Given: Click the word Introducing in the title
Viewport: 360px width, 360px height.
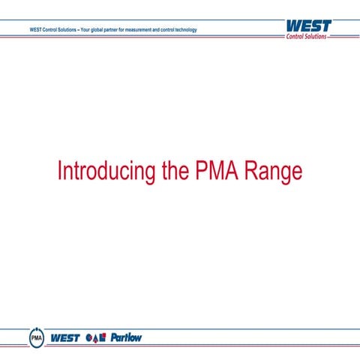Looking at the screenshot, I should pos(106,171).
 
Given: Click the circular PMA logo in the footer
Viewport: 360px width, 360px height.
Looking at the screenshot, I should pos(36,338).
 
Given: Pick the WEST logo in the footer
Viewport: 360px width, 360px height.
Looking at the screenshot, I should pos(65,338).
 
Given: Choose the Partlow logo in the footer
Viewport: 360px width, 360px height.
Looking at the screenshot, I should pos(126,338).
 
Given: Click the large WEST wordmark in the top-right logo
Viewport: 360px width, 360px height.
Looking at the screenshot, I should pos(307,26).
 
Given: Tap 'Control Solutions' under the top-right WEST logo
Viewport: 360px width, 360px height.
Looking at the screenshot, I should pos(307,37).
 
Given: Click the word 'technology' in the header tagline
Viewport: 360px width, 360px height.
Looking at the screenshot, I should pos(184,30).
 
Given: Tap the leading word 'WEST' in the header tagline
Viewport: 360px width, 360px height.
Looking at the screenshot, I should pos(34,30).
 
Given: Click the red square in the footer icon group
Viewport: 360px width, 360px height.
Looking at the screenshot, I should pos(103,337).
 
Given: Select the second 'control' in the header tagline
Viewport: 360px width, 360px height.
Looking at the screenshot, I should pos(166,30).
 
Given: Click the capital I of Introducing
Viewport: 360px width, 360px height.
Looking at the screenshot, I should pos(59,171).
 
